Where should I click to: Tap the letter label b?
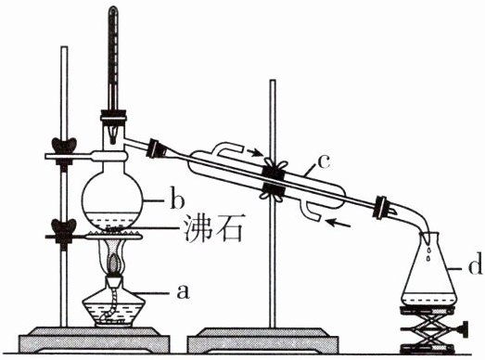coord(177,201)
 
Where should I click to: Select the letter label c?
coord(324,161)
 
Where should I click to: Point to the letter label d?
coord(475,264)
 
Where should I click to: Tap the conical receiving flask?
coord(429,271)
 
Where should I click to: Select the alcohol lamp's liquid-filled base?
coord(114,310)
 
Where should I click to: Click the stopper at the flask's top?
coord(113,115)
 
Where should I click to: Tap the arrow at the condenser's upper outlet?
coord(255,152)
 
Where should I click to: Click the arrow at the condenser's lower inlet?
coord(338,223)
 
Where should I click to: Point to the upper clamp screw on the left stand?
coord(64,145)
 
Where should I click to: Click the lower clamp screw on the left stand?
coord(64,226)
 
